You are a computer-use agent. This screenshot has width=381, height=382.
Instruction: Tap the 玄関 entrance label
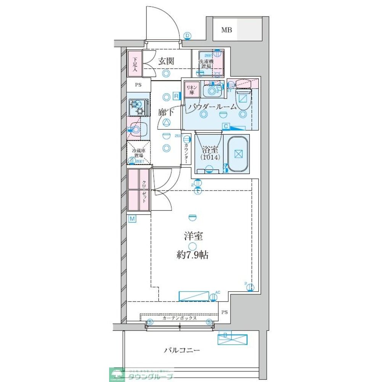(x=167, y=60)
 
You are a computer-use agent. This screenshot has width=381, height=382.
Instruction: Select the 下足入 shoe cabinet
(x=135, y=63)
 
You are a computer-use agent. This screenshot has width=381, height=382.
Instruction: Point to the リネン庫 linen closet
(x=190, y=90)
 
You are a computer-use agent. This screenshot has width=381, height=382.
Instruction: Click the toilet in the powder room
(x=243, y=100)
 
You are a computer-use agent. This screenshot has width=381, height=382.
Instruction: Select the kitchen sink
(x=138, y=128)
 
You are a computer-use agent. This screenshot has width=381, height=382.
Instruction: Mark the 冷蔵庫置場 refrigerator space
(x=138, y=153)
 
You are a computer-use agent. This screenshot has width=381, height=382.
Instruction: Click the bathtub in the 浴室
(x=238, y=154)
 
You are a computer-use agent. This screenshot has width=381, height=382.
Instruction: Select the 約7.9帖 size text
(x=193, y=255)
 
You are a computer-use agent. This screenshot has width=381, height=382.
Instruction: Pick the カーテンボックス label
(x=179, y=318)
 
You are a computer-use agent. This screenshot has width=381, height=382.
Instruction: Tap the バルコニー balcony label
(x=182, y=350)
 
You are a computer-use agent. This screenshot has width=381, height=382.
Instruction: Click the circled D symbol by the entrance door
(x=187, y=36)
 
